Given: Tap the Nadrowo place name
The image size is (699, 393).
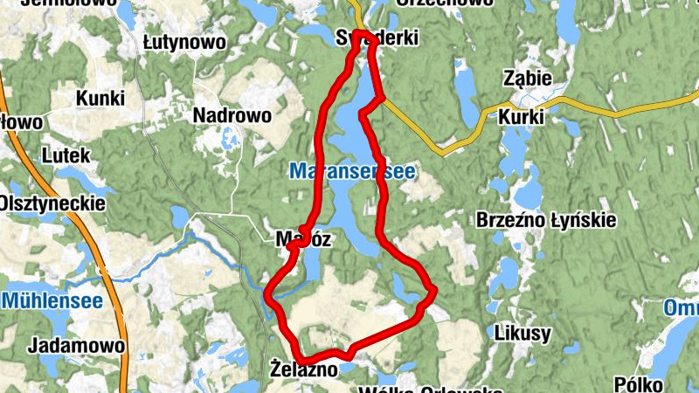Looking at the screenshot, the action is (232, 115).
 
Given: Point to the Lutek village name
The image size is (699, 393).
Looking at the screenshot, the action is (66, 155).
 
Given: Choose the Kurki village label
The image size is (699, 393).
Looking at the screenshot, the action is (522, 116).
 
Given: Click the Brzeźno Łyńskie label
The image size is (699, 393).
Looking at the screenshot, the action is (546, 221).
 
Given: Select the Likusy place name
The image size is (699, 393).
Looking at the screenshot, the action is (523, 333).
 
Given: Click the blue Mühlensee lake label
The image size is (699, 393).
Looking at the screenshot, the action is (52, 301).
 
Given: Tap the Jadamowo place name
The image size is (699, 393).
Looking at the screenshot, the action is (76, 345).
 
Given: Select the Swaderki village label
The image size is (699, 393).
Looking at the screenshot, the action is (377, 38).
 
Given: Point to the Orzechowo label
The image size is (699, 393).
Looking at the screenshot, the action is (444, 3).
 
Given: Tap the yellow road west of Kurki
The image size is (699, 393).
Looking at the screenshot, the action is (454, 144).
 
